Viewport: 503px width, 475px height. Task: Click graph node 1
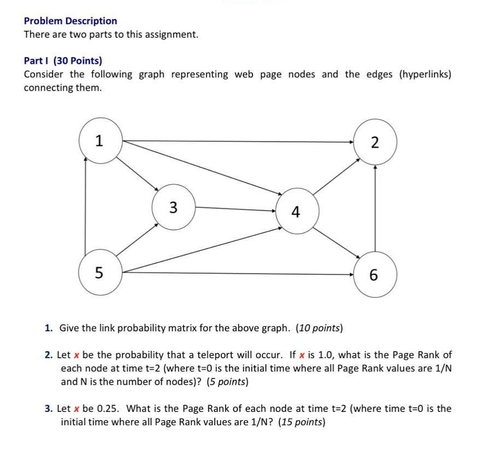click(99, 142)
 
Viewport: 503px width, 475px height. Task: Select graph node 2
click(374, 143)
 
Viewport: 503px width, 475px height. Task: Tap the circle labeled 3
click(173, 207)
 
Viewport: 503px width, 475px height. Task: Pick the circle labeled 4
click(296, 212)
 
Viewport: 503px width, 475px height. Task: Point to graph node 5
click(99, 272)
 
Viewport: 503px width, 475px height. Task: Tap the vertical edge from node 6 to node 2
click(375, 208)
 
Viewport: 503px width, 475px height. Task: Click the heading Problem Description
click(71, 21)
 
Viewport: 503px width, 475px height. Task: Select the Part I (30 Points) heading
click(63, 61)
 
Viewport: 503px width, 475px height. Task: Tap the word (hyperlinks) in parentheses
click(426, 75)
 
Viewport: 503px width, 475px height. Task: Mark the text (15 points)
click(302, 422)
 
